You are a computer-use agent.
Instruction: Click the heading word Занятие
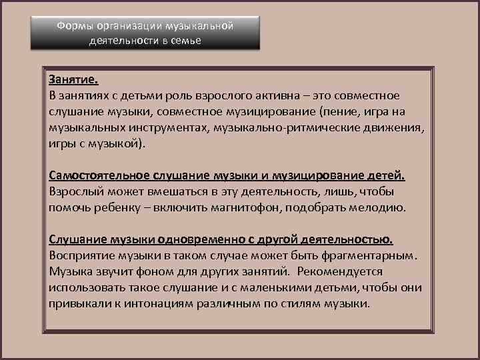[x=73, y=79]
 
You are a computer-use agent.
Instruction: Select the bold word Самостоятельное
[x=99, y=175]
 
